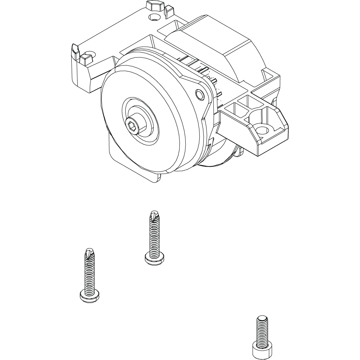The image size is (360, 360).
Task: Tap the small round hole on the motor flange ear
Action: pyautogui.click(x=199, y=95)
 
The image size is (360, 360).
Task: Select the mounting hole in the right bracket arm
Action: pyautogui.click(x=261, y=129)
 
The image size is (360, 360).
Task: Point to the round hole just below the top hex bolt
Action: pyautogui.click(x=154, y=17)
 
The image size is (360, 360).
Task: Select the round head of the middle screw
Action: pyautogui.click(x=154, y=259)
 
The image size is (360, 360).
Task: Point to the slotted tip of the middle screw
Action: pyautogui.click(x=153, y=215)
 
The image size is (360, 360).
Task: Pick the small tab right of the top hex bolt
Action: pyautogui.click(x=169, y=11)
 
